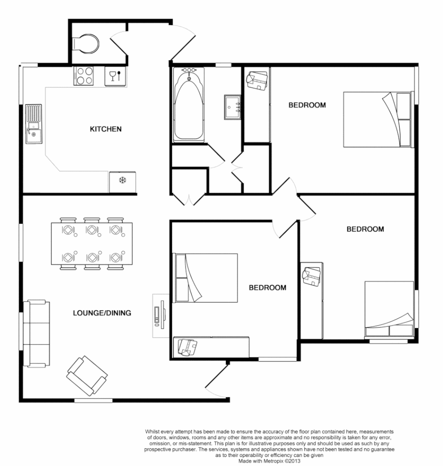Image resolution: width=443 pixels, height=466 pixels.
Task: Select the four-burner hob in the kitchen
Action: (83, 76)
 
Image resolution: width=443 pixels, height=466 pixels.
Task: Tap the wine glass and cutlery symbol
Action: (116, 76)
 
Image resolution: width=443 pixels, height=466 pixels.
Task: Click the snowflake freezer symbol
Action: (122, 181)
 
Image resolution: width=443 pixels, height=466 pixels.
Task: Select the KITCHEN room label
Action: (106, 129)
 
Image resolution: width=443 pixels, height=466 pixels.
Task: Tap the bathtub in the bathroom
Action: (188, 105)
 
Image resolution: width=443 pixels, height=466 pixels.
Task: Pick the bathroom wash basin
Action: (233, 107)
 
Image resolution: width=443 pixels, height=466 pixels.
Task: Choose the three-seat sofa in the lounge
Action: (36, 333)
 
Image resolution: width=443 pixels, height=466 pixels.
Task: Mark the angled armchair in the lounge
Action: (87, 375)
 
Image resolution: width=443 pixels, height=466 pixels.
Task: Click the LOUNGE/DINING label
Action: (102, 313)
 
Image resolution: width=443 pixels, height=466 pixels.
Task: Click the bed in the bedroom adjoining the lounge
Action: (206, 278)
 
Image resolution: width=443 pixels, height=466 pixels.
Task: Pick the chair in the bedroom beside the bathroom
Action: (257, 81)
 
